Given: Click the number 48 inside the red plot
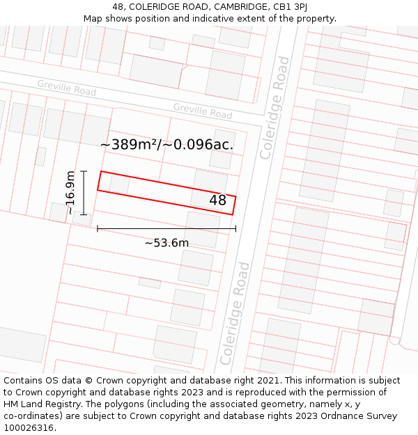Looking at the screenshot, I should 218,200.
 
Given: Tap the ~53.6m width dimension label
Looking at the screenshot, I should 167,243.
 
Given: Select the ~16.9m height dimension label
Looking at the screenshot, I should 70,193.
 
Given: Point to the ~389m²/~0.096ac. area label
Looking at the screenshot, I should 167,145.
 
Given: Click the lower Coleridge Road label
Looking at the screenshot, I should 235,313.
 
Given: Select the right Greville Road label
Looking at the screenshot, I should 203,111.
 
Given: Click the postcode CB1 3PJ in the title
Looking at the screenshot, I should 291,7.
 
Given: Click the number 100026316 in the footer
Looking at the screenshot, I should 28,428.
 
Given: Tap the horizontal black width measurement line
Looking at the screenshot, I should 167,228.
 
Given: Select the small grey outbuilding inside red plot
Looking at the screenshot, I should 119,184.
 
